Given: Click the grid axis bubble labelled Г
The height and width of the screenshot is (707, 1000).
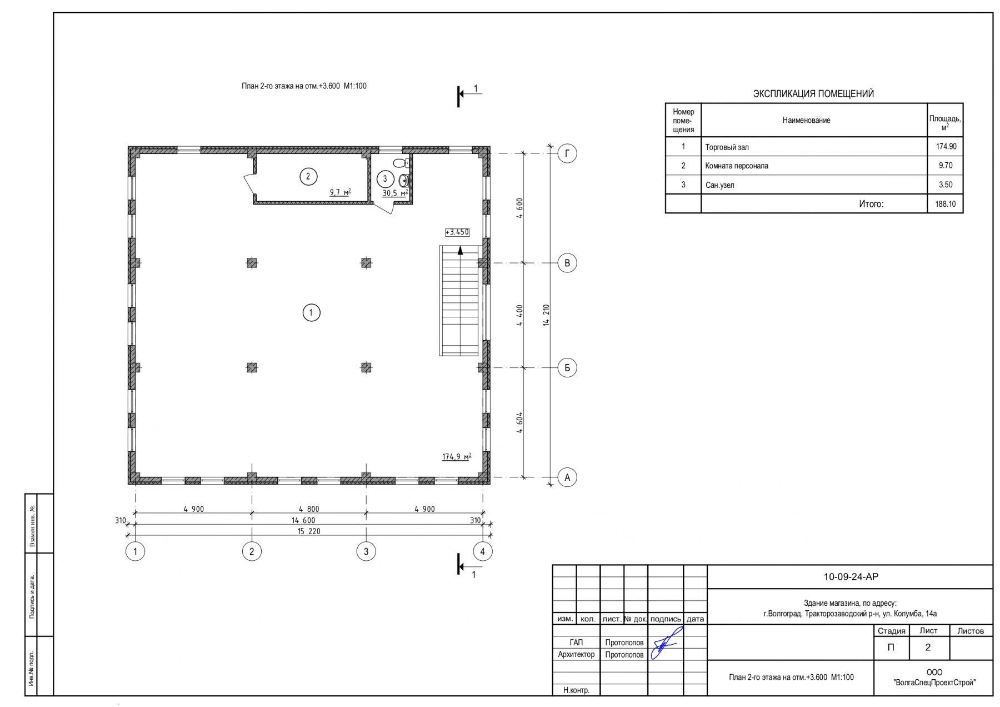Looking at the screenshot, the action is coord(567,153).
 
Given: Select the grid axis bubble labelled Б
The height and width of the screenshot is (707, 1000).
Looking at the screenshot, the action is coord(567,367).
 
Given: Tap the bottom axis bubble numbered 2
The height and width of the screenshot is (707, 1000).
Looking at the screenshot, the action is coord(252,551).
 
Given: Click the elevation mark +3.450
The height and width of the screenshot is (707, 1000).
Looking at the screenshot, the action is coord(457,232).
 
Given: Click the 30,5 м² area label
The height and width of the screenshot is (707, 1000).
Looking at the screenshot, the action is coord(395,193).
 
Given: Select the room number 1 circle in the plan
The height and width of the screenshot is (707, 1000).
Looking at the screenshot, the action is coord(311,313).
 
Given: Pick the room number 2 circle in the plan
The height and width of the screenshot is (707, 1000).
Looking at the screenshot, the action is coord(308,177).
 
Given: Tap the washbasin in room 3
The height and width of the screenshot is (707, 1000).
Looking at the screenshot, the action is coord(404,180).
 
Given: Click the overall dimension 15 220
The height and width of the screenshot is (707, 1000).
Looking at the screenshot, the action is coord(309,531).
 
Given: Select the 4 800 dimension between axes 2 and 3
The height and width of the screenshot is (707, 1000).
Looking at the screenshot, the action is coord(309,509).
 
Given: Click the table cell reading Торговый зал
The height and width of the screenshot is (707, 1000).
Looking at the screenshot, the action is coord(727,147).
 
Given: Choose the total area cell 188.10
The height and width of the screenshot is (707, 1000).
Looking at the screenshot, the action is coord(945,204).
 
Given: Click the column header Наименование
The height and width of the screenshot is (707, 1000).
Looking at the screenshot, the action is coord(806,120).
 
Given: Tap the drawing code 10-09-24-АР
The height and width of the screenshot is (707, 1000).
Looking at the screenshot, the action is coord(851,577).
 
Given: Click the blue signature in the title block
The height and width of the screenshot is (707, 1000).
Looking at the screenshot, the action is coord(666,643).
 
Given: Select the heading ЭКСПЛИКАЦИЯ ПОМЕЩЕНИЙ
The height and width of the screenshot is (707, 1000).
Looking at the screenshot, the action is coord(813,94).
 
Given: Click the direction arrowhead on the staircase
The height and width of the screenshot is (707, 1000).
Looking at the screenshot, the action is coord(460,250).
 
